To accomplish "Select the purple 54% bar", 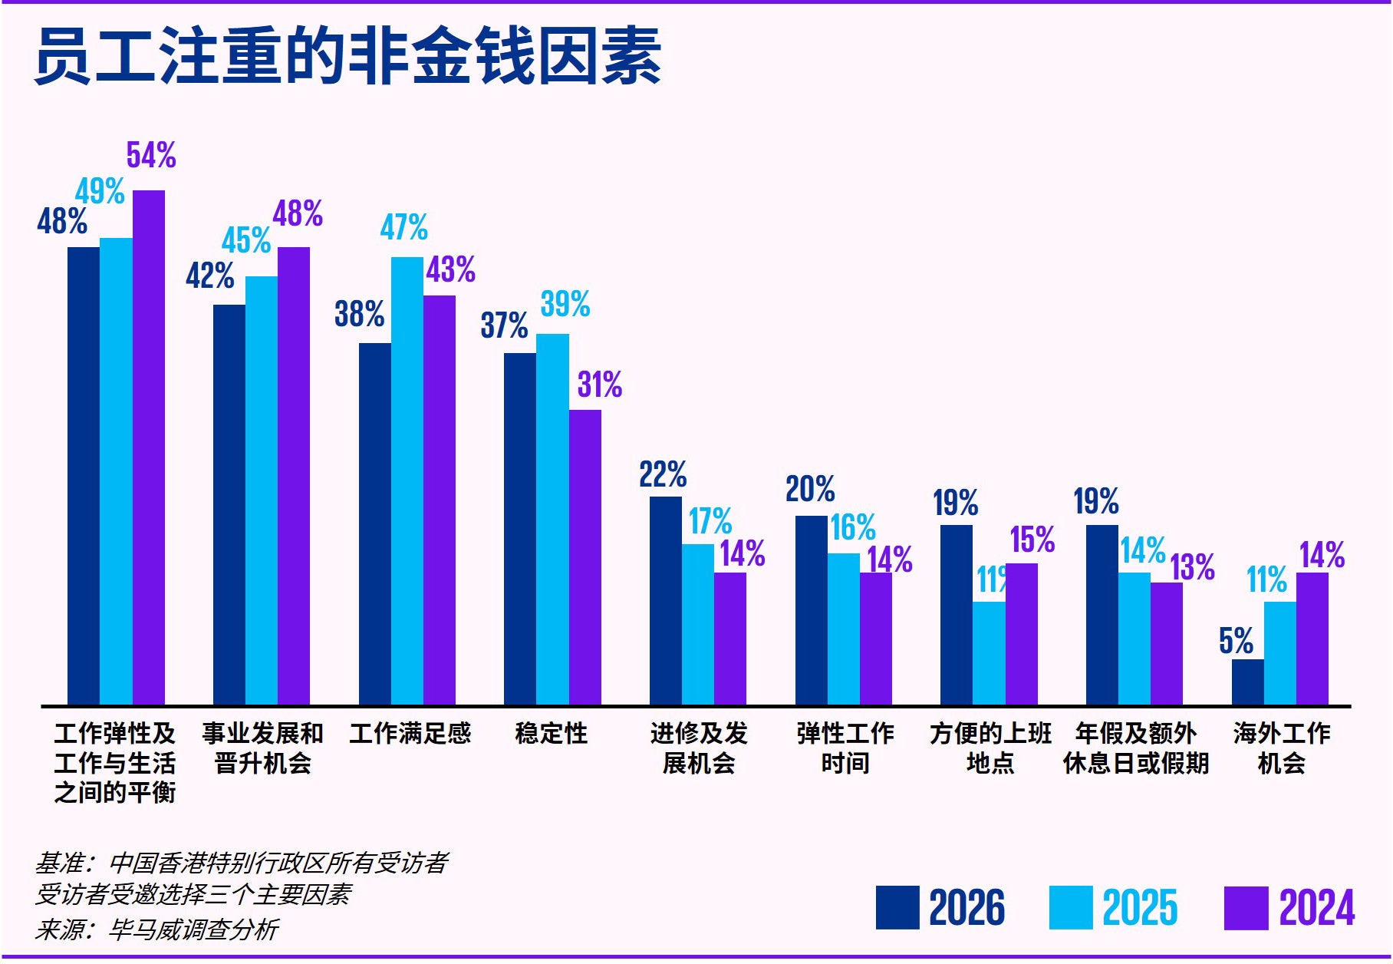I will [x=148, y=447].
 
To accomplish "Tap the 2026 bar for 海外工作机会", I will [x=1247, y=682].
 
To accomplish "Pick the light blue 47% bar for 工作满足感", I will [x=407, y=480].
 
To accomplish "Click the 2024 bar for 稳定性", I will [x=585, y=557].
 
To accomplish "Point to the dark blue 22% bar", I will [x=665, y=600].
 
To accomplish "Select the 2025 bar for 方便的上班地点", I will [x=988, y=652].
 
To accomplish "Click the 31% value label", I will [x=599, y=385].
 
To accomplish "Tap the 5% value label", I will [x=1235, y=641].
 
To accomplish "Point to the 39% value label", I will [x=565, y=304].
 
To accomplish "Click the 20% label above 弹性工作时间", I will [x=809, y=489].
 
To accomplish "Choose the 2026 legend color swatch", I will [x=897, y=907].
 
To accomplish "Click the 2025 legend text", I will [x=1139, y=908].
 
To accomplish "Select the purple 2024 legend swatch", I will [x=1246, y=908].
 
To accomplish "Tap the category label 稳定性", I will [x=551, y=734].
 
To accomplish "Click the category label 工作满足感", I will [x=410, y=734].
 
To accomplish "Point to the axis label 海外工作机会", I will [x=1281, y=748].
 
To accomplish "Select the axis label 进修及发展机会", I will [x=698, y=748].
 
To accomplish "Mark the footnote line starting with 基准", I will [x=241, y=863].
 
